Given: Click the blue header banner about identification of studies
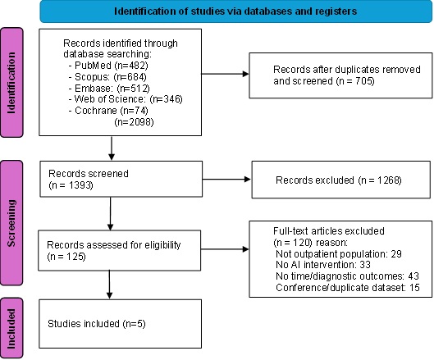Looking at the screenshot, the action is coord(235,11).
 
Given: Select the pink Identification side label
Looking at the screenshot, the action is coord(11,83).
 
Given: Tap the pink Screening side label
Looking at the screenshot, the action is coord(11,223).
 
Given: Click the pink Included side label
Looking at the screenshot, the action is coord(11,328).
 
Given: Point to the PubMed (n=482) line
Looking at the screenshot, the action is coord(108,66).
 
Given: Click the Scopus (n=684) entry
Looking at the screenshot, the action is coord(107,76).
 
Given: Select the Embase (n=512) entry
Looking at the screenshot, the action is coord(109,88).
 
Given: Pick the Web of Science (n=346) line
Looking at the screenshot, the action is coord(126,99).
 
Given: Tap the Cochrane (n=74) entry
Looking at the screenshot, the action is coord(108,111).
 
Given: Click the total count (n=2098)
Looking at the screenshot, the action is coord(134,121).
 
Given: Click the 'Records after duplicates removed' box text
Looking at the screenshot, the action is coord(347,75).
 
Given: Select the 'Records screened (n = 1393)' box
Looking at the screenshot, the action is coord(121,179).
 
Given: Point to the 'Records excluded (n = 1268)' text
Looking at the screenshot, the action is coord(339,180).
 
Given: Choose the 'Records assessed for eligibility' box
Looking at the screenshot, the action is coord(120,250).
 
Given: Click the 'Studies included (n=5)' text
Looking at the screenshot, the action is coord(97,323).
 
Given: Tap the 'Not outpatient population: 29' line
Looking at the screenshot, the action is coord(339,253).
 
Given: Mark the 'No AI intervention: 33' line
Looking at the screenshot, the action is coord(323,265).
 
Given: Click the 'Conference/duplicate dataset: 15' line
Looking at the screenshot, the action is coord(348,288).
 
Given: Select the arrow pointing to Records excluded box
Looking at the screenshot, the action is coord(226,180).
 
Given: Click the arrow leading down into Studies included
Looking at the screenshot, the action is coord(110,285).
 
